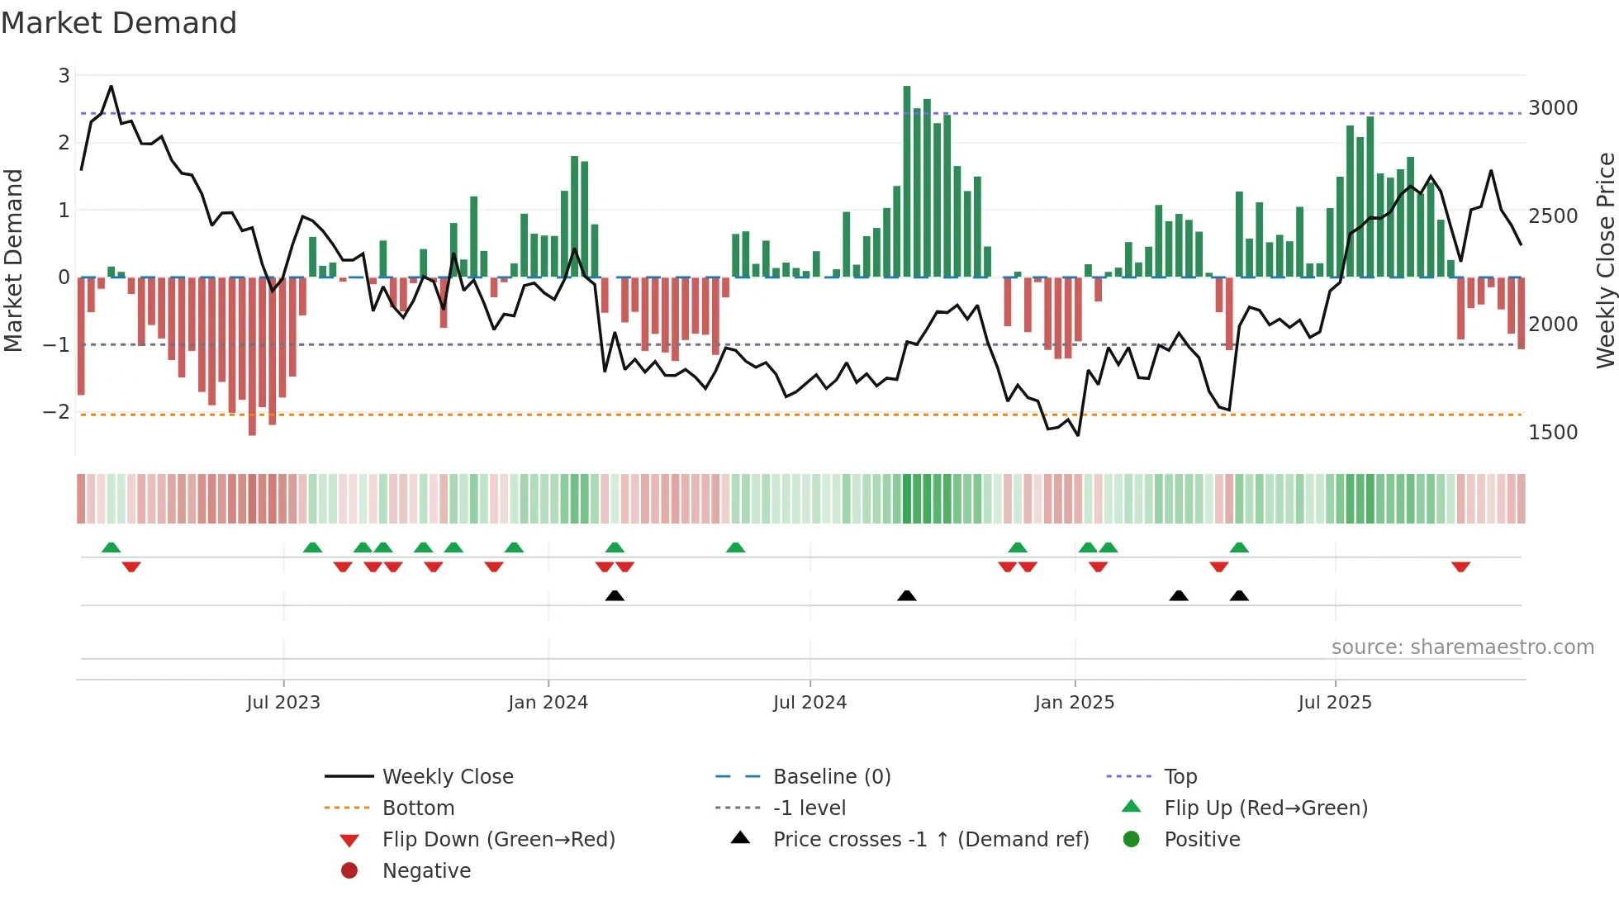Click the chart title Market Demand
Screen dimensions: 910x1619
click(119, 23)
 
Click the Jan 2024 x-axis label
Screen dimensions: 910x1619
click(548, 703)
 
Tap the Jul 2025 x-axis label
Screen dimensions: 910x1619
click(1334, 703)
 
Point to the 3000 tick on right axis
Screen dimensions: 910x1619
click(1553, 108)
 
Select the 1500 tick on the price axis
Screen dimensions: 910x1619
click(1553, 433)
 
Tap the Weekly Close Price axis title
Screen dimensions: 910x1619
click(1604, 260)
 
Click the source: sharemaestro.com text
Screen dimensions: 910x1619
click(1462, 647)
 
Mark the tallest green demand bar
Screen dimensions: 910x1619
click(907, 182)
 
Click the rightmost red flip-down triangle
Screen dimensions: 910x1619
click(1460, 566)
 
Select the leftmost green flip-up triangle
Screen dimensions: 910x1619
click(112, 547)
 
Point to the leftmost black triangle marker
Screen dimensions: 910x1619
click(615, 595)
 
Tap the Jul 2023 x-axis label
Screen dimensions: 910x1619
click(283, 703)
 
